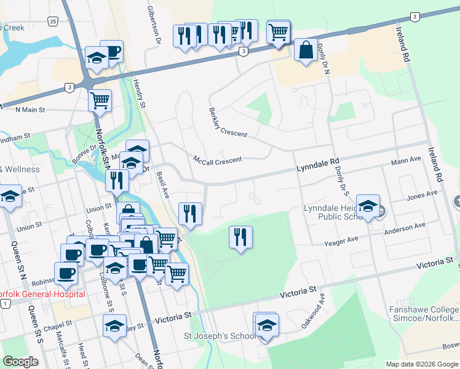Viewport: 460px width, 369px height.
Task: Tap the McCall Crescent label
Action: click(x=218, y=159)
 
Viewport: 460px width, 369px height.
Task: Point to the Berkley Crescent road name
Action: click(x=228, y=122)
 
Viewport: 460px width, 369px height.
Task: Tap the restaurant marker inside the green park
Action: click(x=240, y=237)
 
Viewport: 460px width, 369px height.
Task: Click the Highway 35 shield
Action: click(x=54, y=22)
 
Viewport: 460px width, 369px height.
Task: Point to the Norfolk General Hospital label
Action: click(x=42, y=294)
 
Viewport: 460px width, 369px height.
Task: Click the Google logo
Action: click(x=20, y=362)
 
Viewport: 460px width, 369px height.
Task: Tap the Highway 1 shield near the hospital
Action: click(x=6, y=304)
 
